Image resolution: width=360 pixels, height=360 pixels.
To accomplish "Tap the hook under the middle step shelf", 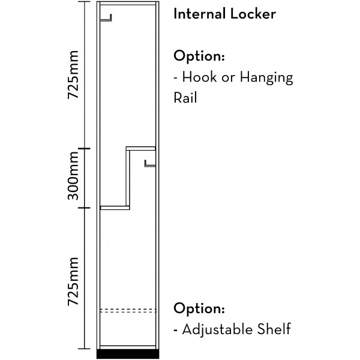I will click(x=149, y=163).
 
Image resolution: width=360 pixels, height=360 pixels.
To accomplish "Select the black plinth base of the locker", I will click(x=127, y=354).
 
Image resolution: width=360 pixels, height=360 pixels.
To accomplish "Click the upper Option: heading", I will click(x=199, y=56).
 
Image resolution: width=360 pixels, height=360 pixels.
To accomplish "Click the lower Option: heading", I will click(x=199, y=309).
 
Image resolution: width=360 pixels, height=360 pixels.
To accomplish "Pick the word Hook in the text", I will click(x=198, y=77).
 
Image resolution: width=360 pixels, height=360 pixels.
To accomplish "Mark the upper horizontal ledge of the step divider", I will click(x=141, y=148).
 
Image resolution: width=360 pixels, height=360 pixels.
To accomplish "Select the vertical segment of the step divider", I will click(x=128, y=178).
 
